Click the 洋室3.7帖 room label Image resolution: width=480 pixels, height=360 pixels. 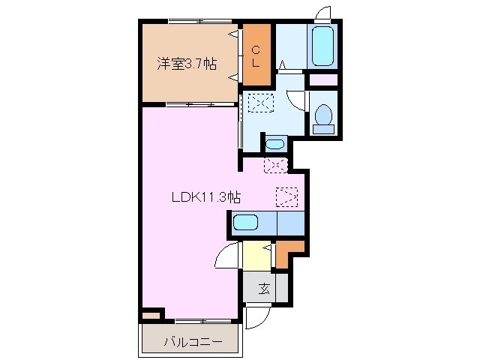point(187,64)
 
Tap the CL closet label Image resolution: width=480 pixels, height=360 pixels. point(256,57)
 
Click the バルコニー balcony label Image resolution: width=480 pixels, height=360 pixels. point(193,342)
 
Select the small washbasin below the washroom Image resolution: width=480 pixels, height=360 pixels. point(275,143)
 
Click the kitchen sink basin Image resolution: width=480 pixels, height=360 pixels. point(245,223)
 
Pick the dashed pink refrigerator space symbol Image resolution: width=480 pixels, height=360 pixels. point(275,166)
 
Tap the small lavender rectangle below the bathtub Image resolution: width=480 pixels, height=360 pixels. point(323,80)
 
